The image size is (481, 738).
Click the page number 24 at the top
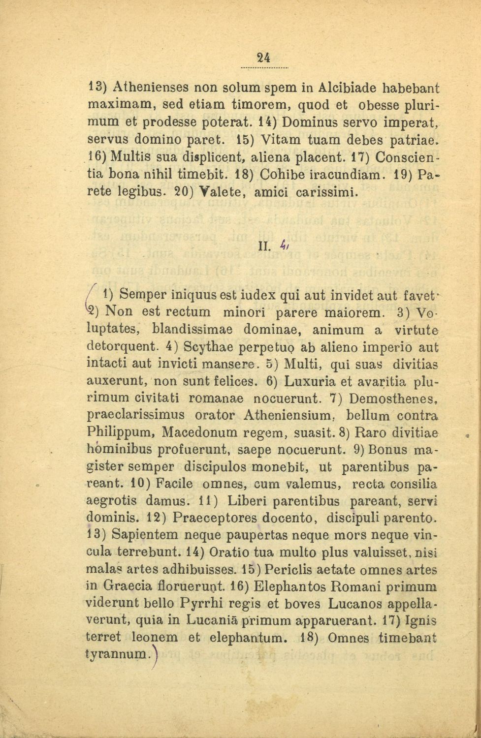(x=264, y=58)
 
